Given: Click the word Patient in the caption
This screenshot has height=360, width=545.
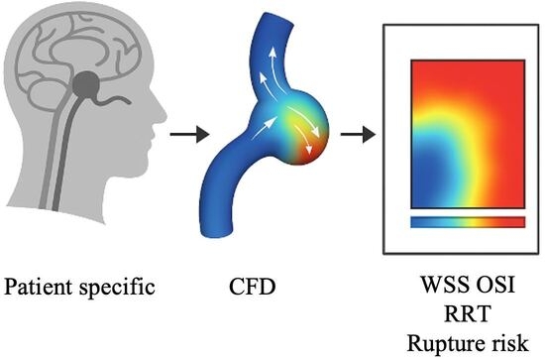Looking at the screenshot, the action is [x=39, y=287].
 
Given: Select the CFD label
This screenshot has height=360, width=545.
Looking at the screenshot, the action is [x=253, y=287].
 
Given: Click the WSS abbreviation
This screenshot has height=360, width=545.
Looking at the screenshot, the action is [x=443, y=285].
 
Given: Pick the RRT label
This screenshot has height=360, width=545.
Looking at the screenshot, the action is [x=468, y=313].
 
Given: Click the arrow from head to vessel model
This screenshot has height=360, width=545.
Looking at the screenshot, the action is [x=190, y=134].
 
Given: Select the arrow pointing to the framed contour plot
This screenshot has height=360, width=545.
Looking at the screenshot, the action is [x=358, y=134].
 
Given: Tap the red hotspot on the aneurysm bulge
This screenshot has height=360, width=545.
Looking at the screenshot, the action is [x=311, y=150].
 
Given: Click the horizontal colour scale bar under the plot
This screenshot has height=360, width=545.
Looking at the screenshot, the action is [x=468, y=222].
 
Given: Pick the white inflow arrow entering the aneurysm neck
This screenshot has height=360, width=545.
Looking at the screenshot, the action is [x=265, y=128].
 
